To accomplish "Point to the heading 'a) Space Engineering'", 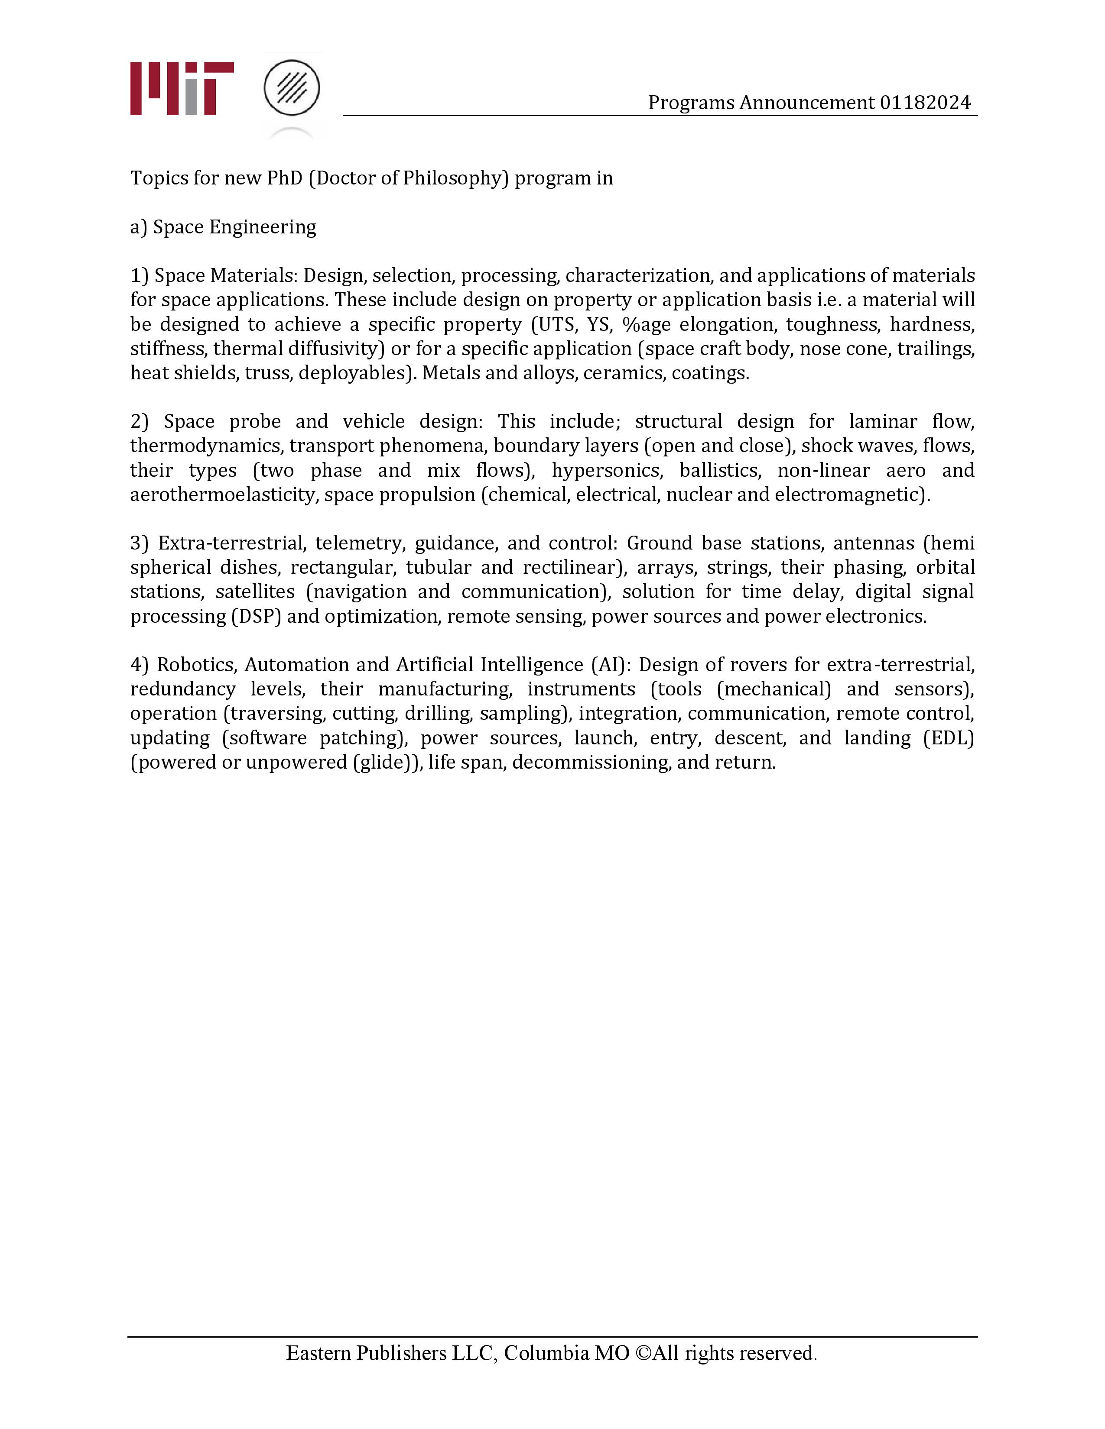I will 223,227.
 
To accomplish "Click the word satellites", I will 255,592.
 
